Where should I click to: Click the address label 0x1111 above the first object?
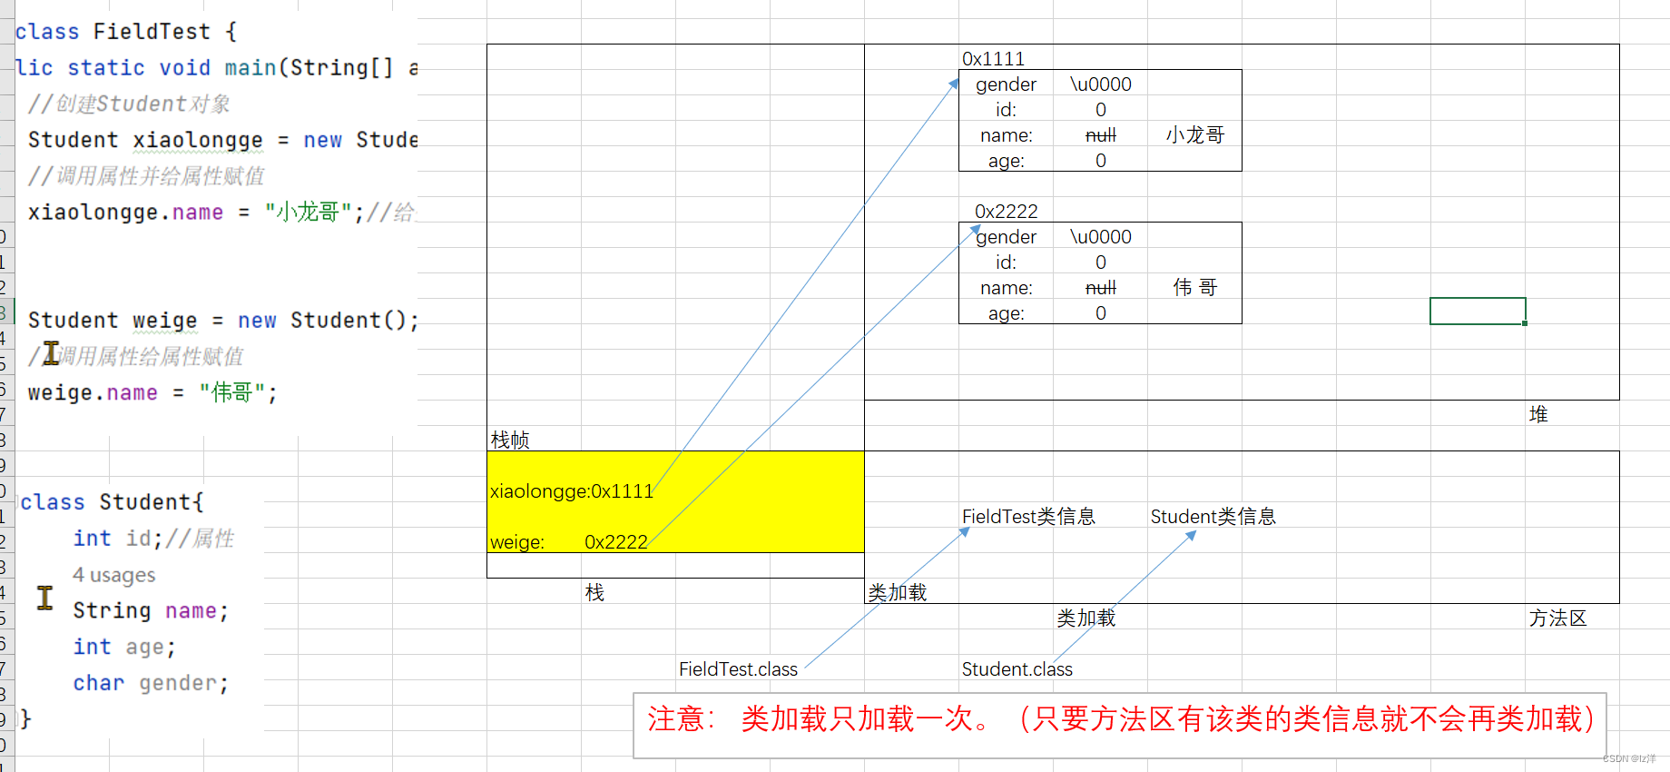993,59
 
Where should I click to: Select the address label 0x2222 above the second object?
1006,212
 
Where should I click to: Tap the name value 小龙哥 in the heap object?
1194,135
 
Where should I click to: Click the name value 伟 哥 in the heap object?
1194,288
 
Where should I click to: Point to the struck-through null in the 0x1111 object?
1100,135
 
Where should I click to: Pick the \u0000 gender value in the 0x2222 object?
1100,237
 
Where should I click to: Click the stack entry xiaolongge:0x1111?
571,491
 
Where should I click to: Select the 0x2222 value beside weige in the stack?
615,542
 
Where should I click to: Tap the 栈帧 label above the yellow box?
509,440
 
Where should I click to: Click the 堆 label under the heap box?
1537,415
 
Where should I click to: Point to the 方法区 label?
1557,619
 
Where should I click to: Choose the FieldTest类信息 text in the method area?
1028,517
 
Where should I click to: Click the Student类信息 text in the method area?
1213,517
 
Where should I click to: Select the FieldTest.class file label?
738,669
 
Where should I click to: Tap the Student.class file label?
1017,669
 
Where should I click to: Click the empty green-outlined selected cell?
1477,311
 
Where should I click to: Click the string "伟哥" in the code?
231,392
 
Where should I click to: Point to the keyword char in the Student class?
98,683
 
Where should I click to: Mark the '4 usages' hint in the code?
113,575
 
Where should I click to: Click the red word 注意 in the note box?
677,719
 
